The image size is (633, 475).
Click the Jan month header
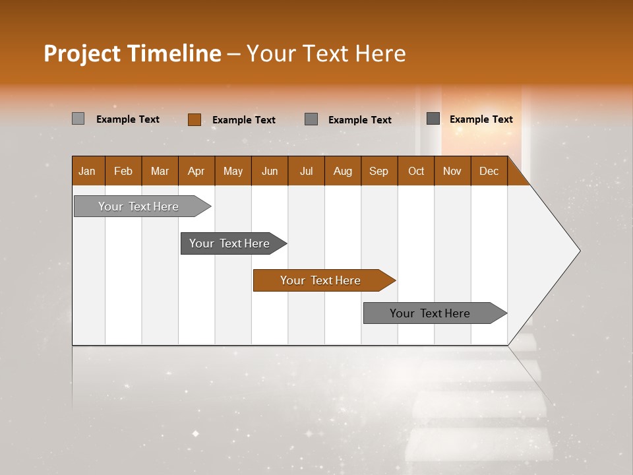coord(87,171)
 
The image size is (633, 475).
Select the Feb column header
coord(123,171)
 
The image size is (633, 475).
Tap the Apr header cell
coord(196,171)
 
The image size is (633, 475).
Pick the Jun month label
coord(270,171)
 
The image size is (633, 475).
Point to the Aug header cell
coord(342,171)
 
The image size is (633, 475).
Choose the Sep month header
coord(378,171)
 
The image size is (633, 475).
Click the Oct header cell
coord(416,171)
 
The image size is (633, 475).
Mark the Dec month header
coord(489,171)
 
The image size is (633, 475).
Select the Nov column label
coord(452,171)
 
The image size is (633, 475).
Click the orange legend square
coord(194,119)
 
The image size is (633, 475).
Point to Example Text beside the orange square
coord(243,119)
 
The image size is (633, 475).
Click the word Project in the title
coord(82,53)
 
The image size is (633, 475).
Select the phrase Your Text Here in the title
coord(326,53)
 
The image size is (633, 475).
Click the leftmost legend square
coord(78,119)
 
